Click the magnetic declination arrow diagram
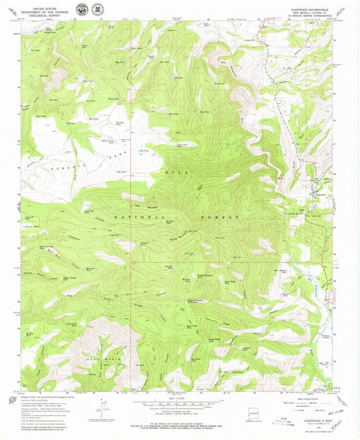103,409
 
